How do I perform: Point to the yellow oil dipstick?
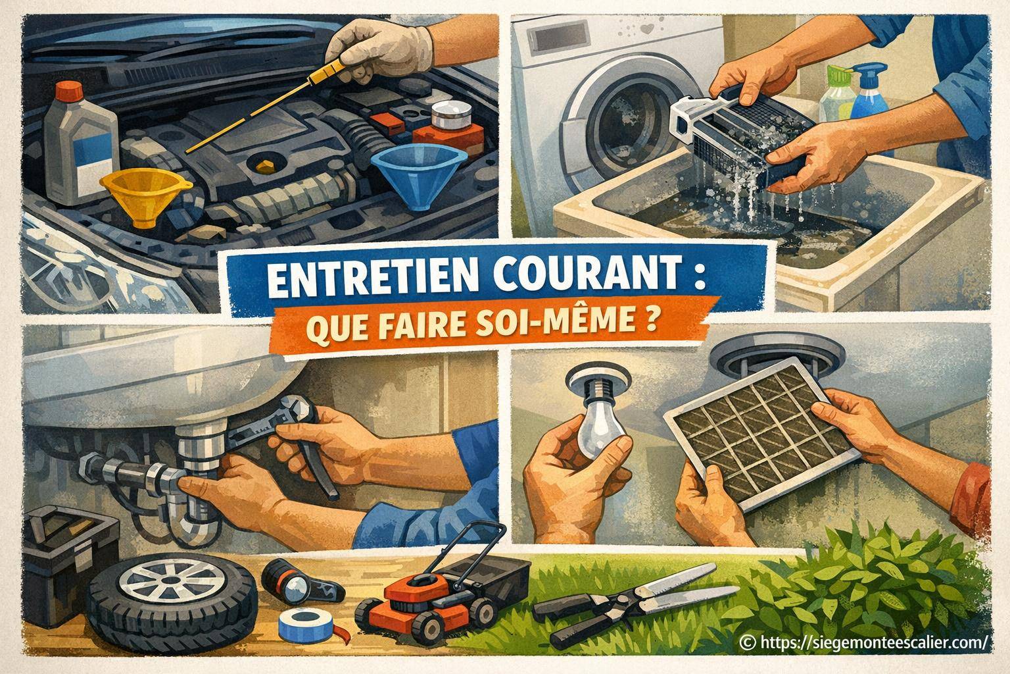263,109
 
